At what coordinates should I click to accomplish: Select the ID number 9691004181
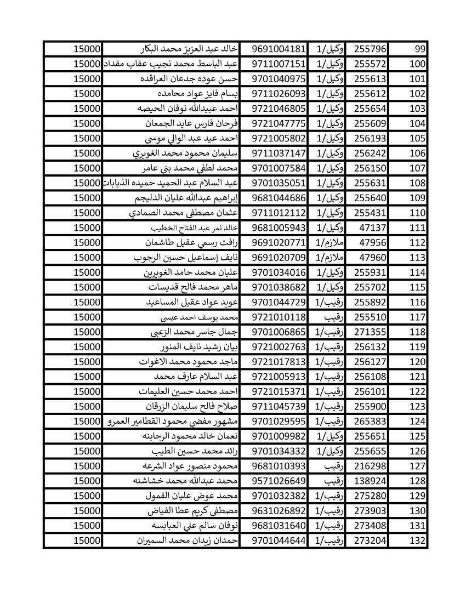coord(278,49)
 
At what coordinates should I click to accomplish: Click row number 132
coord(417,541)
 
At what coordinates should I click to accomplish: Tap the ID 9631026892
coord(278,510)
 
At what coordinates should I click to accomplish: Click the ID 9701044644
coord(278,541)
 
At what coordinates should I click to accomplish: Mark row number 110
coord(417,213)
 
